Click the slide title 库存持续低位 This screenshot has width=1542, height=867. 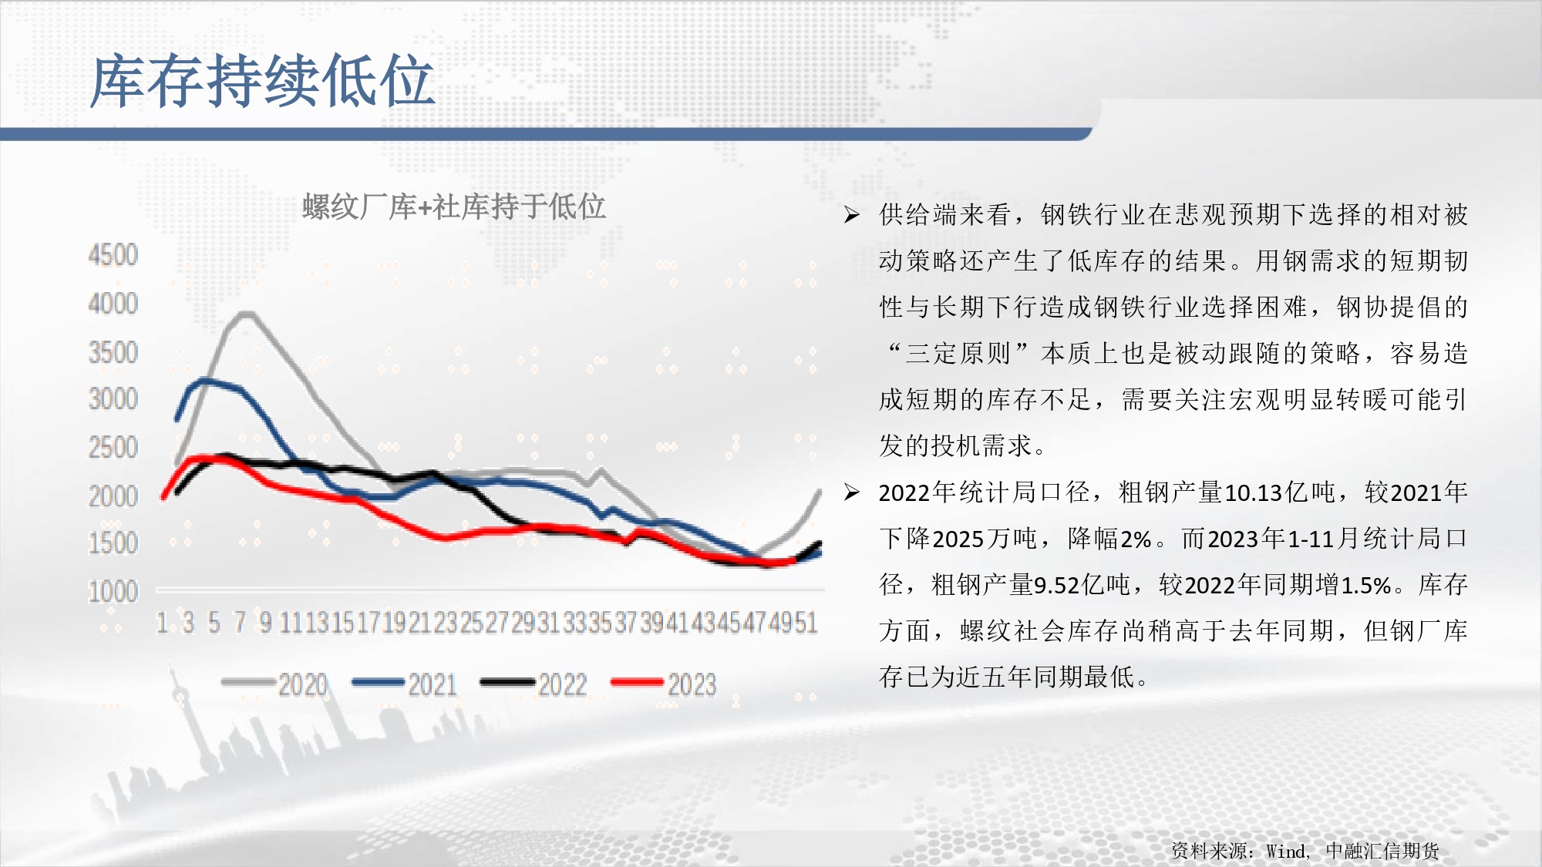(262, 81)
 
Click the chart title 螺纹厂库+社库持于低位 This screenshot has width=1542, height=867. (454, 207)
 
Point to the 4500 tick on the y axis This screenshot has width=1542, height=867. (113, 255)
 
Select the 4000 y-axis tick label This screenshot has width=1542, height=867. (113, 304)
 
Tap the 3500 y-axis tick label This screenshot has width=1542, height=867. (113, 352)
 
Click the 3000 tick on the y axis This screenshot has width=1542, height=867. (113, 399)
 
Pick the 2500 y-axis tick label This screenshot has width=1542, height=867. (113, 448)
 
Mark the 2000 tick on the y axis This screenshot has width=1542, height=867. (113, 496)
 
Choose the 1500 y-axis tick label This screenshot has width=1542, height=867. (113, 543)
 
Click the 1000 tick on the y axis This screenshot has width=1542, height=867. (113, 592)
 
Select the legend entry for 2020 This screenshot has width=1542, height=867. (274, 684)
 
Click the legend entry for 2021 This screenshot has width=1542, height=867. (405, 684)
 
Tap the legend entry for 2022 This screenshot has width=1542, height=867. (534, 684)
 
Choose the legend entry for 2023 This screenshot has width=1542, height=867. (664, 684)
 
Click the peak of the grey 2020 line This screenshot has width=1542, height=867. (246, 314)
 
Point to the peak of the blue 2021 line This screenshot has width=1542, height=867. (204, 381)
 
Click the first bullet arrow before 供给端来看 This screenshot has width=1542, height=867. (852, 214)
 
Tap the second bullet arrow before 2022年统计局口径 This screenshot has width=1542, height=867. (852, 492)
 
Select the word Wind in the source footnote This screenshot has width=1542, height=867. (1286, 851)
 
